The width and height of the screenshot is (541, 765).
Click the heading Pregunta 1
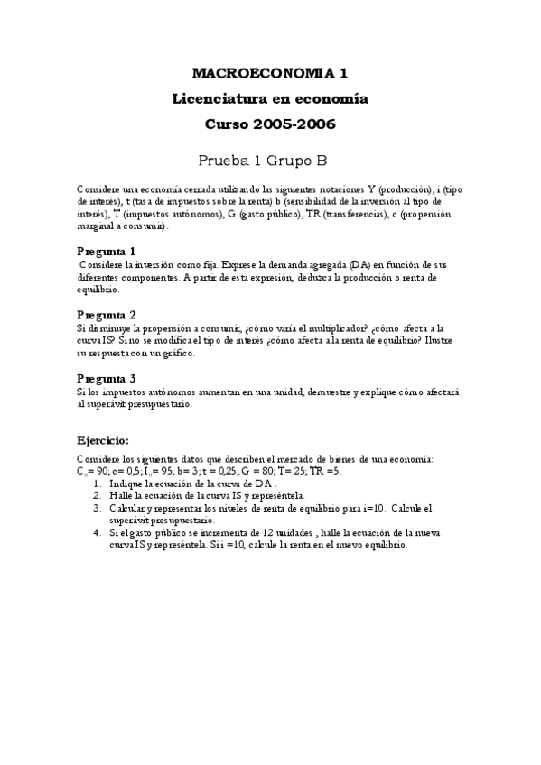point(107,250)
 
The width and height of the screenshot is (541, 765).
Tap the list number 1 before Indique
point(98,484)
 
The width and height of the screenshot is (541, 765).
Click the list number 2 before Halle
point(98,495)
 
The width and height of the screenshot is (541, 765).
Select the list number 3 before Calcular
point(98,508)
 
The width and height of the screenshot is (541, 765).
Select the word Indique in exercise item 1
point(127,484)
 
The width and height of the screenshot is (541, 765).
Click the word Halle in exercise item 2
point(121,495)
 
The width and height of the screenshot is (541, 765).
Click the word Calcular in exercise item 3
point(128,508)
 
